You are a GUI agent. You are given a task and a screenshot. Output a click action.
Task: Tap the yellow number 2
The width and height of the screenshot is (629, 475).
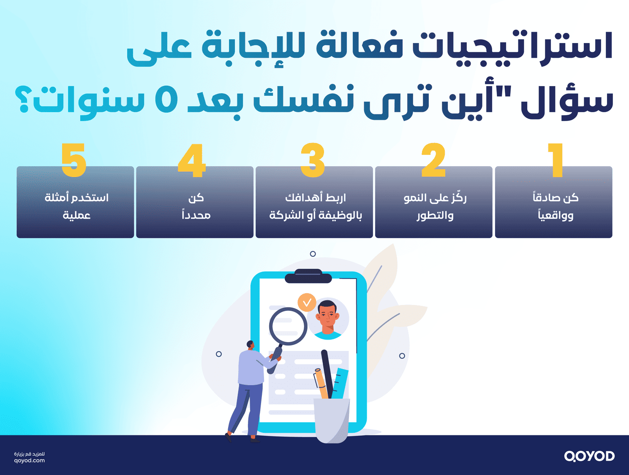coord(433,160)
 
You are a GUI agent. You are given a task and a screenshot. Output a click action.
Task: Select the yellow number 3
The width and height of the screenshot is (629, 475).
coord(313,160)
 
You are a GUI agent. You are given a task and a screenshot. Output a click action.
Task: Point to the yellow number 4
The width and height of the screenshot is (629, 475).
coord(192,160)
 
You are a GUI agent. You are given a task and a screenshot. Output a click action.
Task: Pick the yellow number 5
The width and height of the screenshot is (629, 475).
coord(74,160)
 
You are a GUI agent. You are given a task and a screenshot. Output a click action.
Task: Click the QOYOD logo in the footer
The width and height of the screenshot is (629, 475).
coord(589,456)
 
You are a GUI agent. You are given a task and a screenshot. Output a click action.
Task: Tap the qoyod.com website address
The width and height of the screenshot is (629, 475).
coord(29,461)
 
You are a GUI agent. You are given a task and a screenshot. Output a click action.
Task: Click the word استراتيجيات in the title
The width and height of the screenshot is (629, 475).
coord(512,47)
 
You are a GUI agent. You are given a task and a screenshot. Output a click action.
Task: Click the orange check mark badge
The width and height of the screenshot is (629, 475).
coord(307,302)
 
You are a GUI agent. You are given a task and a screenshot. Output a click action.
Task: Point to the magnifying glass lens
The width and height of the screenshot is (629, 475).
coord(288,326)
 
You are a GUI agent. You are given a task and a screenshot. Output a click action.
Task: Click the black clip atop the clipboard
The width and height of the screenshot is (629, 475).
coord(308,276)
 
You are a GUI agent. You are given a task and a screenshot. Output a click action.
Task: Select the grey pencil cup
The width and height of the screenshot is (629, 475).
coord(332,420)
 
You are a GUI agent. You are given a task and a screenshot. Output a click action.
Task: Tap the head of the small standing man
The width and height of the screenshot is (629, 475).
coord(250,345)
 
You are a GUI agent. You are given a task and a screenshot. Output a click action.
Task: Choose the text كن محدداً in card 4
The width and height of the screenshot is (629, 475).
coord(196,206)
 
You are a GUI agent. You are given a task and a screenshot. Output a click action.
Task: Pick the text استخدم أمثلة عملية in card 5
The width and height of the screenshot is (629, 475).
coord(76,206)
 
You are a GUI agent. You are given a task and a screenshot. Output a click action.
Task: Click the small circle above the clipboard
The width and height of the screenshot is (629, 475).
coord(313,254)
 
